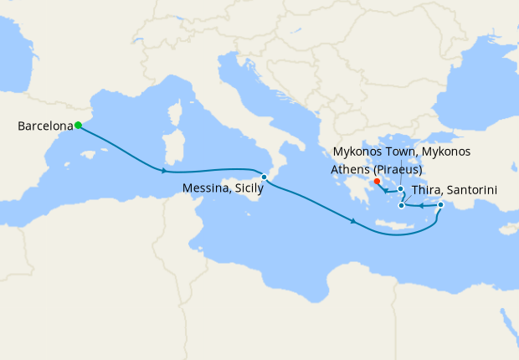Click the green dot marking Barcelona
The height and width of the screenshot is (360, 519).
[78, 126]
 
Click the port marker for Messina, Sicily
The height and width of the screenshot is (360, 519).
[264, 177]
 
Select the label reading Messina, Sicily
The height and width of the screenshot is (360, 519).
[224, 191]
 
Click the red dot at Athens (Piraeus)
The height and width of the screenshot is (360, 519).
[377, 181]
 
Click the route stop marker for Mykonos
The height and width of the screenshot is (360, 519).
[401, 189]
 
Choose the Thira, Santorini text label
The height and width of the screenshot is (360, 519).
[455, 190]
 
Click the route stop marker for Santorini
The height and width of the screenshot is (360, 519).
[402, 205]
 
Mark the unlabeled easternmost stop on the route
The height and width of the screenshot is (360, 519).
[440, 204]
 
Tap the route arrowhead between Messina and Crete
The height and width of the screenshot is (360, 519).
[355, 222]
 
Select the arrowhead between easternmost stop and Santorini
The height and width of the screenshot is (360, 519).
[420, 205]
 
